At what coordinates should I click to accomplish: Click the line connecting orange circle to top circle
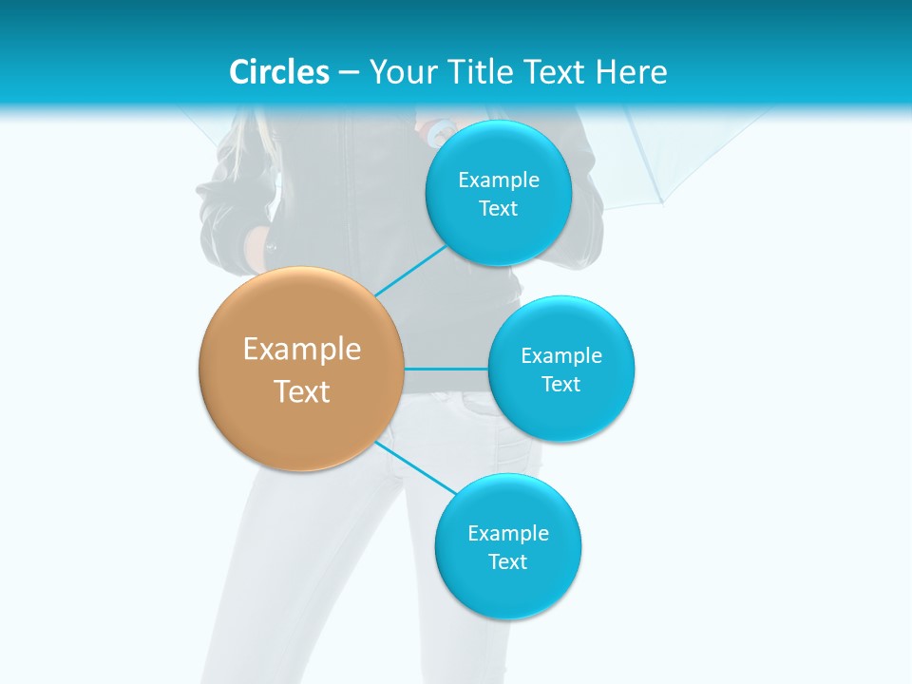coord(410,271)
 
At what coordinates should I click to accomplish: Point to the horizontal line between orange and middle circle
coord(446,369)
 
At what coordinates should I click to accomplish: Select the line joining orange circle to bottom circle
coord(415,467)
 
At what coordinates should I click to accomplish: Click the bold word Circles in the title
coord(279,72)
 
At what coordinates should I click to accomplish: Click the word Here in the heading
coord(632,72)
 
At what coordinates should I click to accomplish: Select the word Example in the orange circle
coord(302,350)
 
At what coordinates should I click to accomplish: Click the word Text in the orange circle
coord(302,391)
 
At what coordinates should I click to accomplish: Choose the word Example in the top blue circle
coord(499,180)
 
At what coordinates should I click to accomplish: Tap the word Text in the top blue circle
coord(499,209)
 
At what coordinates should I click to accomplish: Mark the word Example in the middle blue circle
coord(561,356)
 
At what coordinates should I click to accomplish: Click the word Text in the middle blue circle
coord(561,385)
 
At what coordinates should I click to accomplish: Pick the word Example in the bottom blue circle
coord(508,534)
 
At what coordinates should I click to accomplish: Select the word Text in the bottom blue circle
coord(508,562)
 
